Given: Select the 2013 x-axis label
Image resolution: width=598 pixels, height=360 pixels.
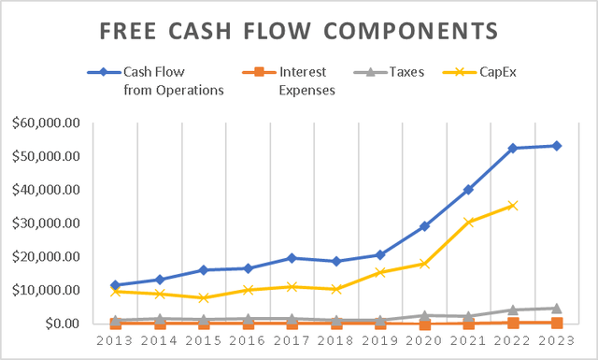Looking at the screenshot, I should [116, 341].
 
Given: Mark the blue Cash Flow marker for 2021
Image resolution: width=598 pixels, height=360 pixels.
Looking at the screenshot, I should [469, 189].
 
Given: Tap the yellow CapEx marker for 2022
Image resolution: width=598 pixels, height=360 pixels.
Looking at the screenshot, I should [513, 206].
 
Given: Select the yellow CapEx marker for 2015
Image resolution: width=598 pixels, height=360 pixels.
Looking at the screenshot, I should [204, 297].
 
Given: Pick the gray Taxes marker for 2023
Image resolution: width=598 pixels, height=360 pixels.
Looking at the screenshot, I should [557, 308].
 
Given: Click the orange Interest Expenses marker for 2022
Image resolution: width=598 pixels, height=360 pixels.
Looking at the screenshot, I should [513, 323].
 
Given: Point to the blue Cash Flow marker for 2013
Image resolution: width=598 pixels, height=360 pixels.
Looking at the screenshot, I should [116, 285].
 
